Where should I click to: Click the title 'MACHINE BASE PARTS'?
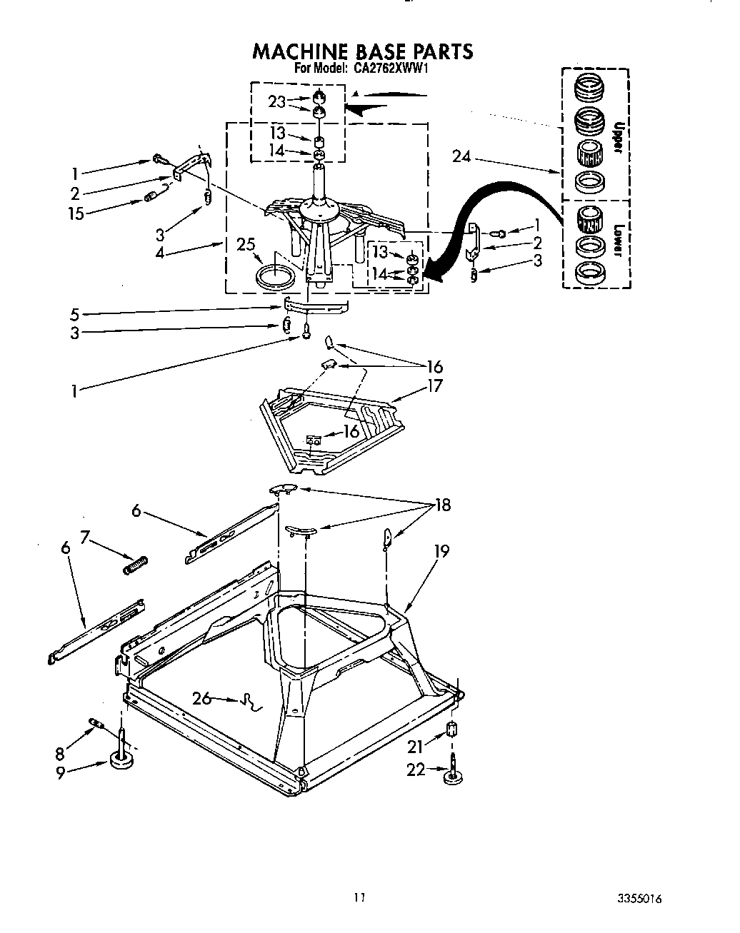[x=363, y=51]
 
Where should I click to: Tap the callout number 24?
[x=462, y=156]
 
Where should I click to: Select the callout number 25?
[x=246, y=245]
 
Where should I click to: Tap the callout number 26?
[x=202, y=697]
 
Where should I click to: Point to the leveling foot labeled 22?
[x=451, y=774]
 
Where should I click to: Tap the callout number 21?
[x=416, y=746]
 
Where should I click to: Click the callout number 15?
[x=76, y=213]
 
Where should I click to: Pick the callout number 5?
[x=75, y=313]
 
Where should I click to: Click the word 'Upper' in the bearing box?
[x=619, y=137]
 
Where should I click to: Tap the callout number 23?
[x=277, y=102]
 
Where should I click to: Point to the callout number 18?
[x=443, y=505]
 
